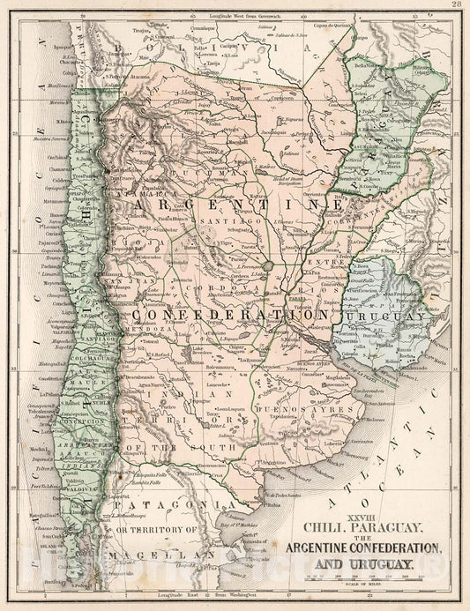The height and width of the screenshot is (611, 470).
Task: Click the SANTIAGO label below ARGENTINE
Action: (218, 221)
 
